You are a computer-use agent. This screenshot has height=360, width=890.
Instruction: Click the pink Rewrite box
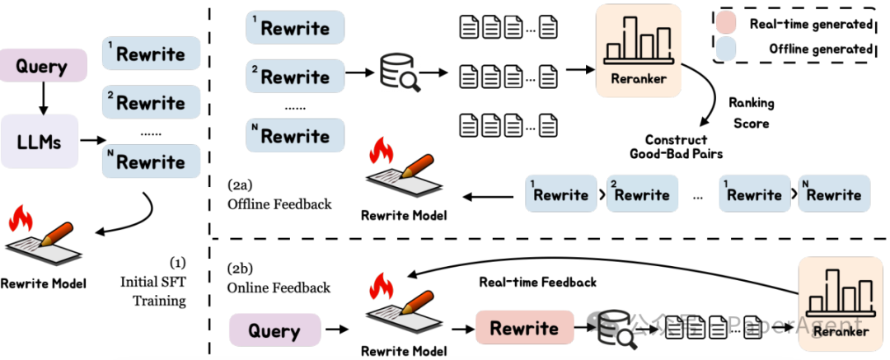tap(524, 328)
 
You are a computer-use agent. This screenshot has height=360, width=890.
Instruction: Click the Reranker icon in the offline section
tap(638, 49)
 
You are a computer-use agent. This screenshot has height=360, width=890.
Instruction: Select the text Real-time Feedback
tap(537, 282)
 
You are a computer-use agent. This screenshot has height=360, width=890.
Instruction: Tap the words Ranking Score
tap(750, 113)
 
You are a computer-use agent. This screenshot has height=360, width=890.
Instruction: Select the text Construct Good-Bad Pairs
tap(672, 146)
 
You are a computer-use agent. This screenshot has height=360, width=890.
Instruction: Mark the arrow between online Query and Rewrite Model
tap(336, 330)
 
